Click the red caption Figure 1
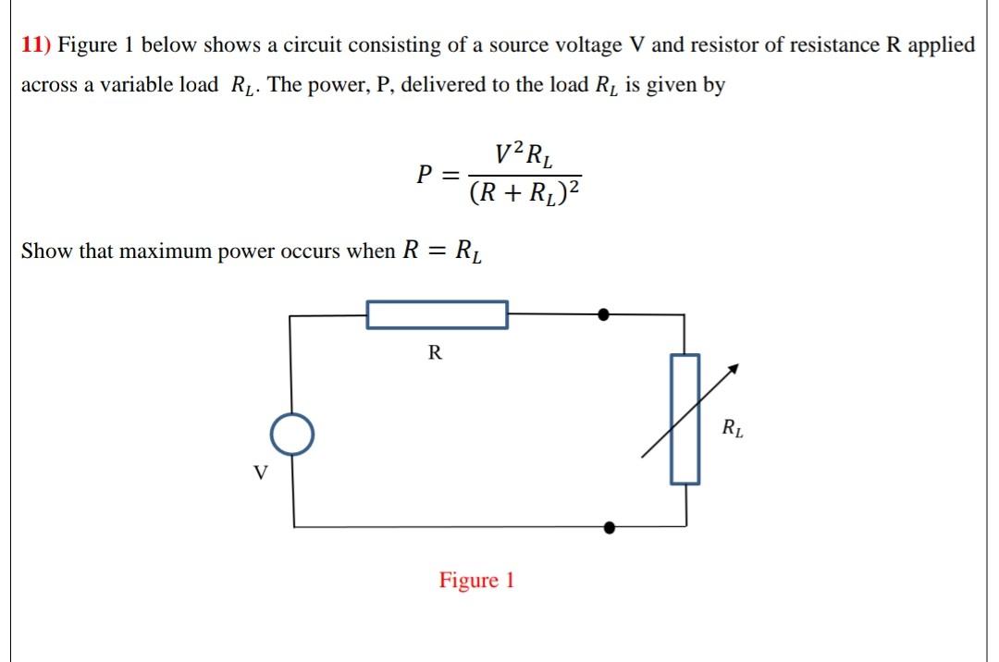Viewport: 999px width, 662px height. click(x=476, y=581)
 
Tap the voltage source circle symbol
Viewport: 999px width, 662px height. click(x=293, y=435)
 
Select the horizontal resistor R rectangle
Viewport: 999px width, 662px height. click(x=438, y=314)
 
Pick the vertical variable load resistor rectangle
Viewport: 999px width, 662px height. click(x=684, y=419)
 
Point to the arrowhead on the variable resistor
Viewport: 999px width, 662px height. click(x=734, y=368)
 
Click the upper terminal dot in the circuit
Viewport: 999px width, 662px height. click(x=603, y=314)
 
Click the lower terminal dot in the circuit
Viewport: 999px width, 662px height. click(x=609, y=528)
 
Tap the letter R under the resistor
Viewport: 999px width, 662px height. click(x=435, y=352)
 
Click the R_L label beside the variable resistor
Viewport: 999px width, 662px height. click(x=734, y=429)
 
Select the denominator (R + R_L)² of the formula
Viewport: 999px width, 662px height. click(x=525, y=193)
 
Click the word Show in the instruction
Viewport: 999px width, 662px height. click(x=46, y=251)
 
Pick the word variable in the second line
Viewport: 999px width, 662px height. click(x=132, y=85)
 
